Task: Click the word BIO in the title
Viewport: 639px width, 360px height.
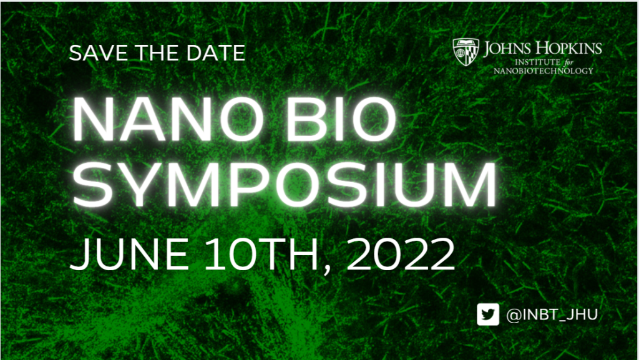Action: coord(341,120)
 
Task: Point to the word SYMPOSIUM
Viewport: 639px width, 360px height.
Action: coord(285,185)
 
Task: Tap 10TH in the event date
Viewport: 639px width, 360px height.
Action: coord(261,255)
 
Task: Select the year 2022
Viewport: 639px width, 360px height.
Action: coord(400,255)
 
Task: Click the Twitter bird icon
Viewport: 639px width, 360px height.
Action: coord(488,315)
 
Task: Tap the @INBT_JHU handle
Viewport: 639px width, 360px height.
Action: coord(552,315)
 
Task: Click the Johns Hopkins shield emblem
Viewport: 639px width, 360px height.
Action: coord(466,52)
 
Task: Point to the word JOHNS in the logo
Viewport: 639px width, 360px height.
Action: coord(507,48)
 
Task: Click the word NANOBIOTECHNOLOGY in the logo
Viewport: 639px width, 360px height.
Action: coord(544,71)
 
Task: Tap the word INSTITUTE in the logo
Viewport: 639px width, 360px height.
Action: coord(537,62)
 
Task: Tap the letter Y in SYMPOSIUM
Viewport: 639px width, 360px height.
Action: coord(137,185)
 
